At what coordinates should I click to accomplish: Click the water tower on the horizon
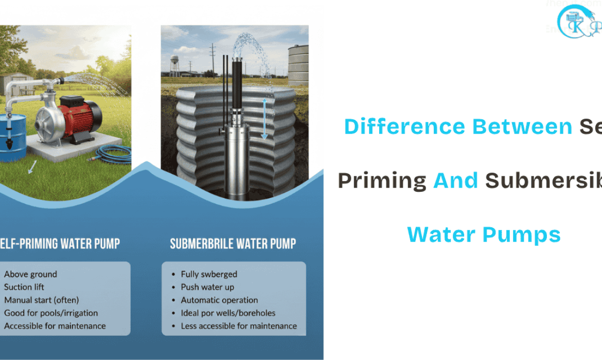click(174, 64)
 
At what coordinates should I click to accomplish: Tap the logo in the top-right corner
click(579, 23)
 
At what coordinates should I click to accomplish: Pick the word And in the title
click(456, 180)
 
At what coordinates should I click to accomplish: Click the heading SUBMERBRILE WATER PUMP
click(233, 244)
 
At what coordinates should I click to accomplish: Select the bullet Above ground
click(30, 274)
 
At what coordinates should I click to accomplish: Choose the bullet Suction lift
click(24, 287)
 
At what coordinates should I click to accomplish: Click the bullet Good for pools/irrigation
click(51, 313)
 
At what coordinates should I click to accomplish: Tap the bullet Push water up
click(207, 287)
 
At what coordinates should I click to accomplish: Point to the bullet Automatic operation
click(219, 300)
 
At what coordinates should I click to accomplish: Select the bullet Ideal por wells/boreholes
click(228, 313)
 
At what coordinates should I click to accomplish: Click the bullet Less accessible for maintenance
click(239, 326)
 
